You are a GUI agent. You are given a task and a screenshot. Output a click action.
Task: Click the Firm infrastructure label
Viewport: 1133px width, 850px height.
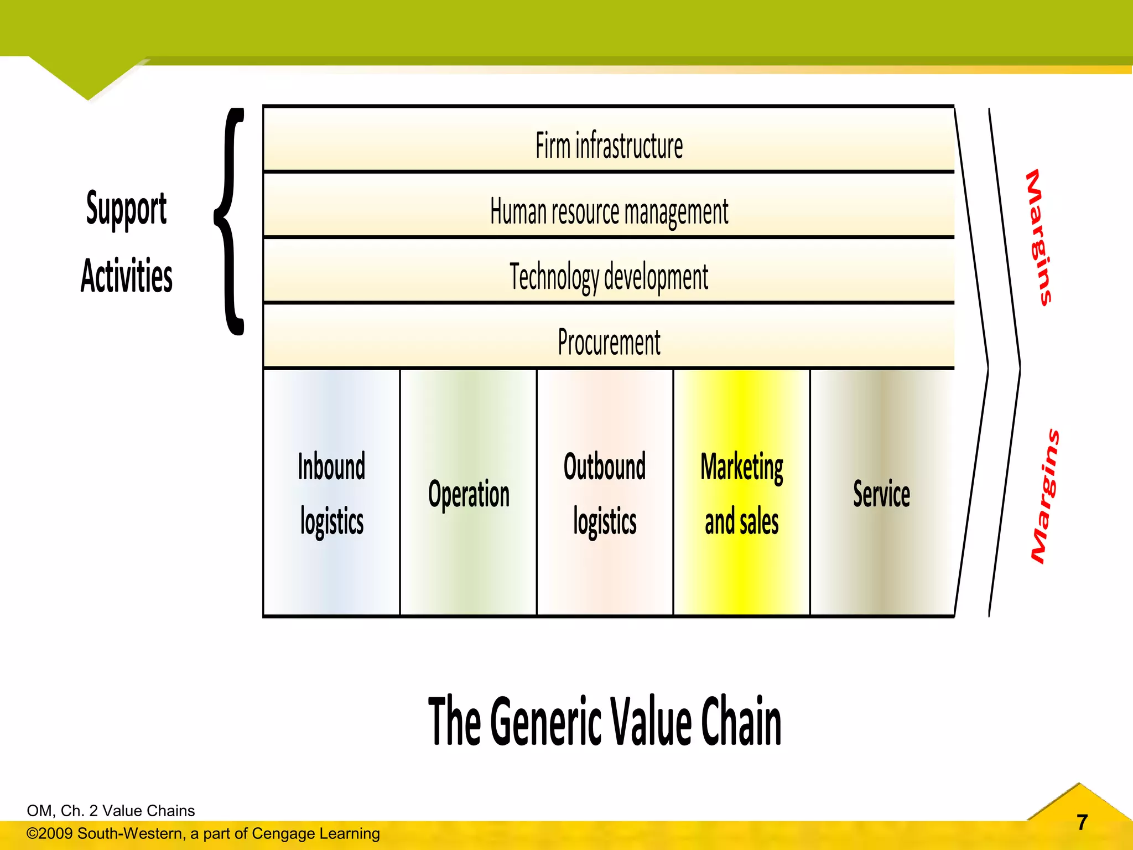(609, 146)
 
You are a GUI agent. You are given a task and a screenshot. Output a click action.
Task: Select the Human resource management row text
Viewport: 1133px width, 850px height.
(609, 212)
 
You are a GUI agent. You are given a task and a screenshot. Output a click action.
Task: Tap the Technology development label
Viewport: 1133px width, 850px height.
(609, 277)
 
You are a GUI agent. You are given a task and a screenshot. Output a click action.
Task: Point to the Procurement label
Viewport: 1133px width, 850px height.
(609, 343)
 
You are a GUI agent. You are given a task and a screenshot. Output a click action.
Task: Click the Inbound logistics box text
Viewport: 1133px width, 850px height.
(331, 494)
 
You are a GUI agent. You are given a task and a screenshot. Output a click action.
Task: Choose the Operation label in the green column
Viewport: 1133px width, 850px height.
(469, 494)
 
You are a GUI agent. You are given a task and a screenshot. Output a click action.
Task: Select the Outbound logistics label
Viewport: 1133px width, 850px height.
(605, 494)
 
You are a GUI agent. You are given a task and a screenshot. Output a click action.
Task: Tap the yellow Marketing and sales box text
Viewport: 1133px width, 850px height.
(741, 494)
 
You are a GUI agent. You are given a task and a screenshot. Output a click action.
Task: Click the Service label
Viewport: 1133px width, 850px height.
(881, 494)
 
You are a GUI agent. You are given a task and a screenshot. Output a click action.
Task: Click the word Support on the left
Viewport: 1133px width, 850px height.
(126, 209)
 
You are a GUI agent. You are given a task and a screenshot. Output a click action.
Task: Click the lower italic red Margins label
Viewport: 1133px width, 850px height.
(1045, 496)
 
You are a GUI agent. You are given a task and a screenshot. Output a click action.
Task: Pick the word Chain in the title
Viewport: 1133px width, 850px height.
(741, 721)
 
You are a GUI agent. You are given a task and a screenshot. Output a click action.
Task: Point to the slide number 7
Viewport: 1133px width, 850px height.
(1082, 822)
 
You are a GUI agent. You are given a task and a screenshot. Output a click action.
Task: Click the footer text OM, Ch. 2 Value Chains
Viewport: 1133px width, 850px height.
(111, 811)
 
